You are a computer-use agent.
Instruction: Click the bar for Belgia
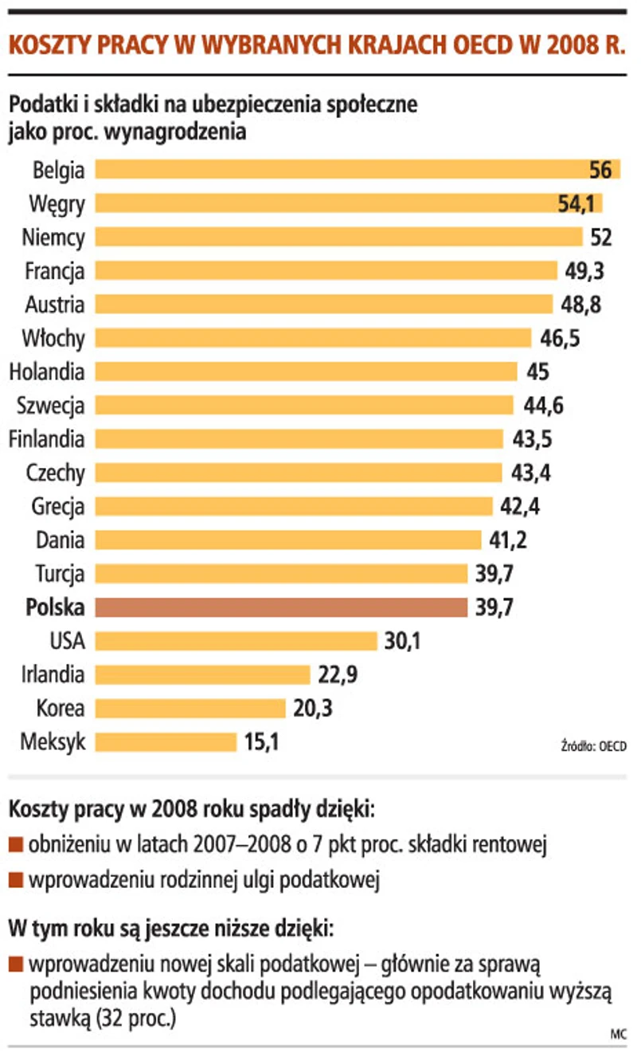(x=342, y=170)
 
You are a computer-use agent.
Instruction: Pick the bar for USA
(x=236, y=641)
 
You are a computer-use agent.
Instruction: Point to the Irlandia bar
(x=202, y=675)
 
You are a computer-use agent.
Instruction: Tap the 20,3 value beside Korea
(x=312, y=709)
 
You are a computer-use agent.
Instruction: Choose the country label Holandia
(x=47, y=372)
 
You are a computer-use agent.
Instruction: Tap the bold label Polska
(x=55, y=607)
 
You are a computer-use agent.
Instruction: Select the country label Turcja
(x=60, y=574)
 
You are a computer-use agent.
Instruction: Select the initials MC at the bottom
(x=618, y=1034)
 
